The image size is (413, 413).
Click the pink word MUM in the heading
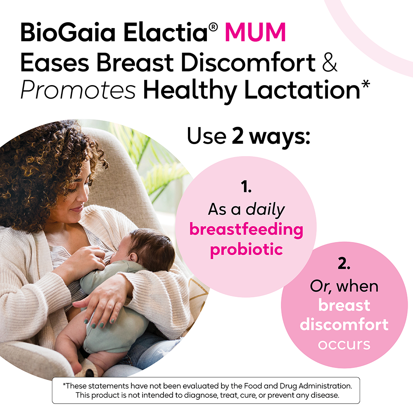click(255, 32)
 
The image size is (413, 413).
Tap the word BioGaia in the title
click(68, 32)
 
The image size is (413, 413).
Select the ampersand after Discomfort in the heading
click(329, 62)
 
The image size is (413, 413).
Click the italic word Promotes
click(78, 90)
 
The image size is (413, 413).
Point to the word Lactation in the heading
click(302, 90)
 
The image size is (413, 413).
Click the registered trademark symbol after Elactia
click(213, 27)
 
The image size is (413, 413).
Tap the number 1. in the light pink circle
click(246, 187)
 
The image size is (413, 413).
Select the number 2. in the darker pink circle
click(344, 263)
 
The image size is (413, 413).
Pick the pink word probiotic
click(247, 250)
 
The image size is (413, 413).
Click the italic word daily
click(265, 210)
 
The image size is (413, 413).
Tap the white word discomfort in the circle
click(344, 325)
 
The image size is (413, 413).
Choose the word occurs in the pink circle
click(344, 344)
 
